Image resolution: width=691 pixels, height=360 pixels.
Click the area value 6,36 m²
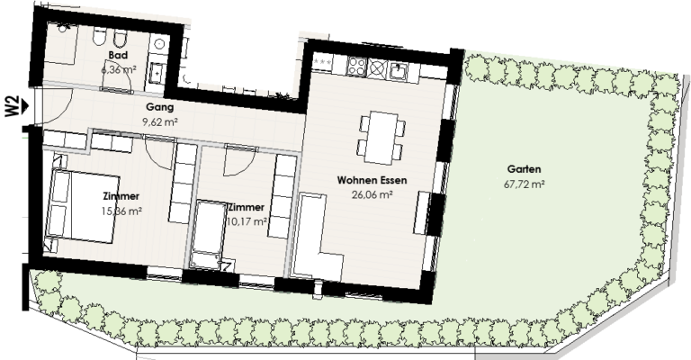117,68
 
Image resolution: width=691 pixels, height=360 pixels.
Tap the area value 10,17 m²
247,220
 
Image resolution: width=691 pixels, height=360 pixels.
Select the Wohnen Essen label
372,180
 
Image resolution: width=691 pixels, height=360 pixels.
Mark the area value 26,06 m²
371,193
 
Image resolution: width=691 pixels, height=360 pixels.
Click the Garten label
524,169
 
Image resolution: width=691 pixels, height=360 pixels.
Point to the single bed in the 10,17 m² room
212,232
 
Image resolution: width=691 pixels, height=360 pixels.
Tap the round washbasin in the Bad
156,41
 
